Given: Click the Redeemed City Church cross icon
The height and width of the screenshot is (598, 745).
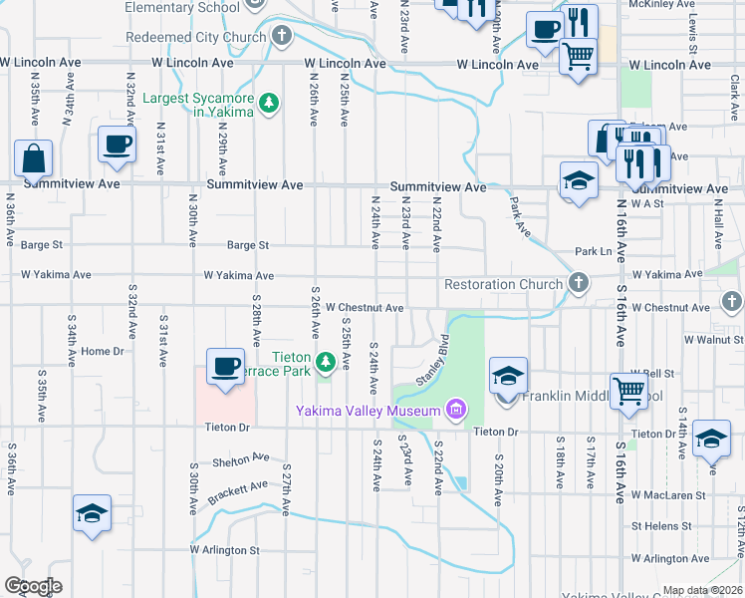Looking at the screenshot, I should pyautogui.click(x=282, y=38).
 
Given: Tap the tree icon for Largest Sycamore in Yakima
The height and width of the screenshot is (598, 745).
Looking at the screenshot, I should pyautogui.click(x=268, y=103).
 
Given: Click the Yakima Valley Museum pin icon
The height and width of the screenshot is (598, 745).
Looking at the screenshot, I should pyautogui.click(x=456, y=409).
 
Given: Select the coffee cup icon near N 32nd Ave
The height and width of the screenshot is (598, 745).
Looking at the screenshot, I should pyautogui.click(x=117, y=144).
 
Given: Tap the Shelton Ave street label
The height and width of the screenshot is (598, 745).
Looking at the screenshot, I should pyautogui.click(x=241, y=460).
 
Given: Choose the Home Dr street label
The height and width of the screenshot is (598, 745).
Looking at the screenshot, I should pyautogui.click(x=103, y=351).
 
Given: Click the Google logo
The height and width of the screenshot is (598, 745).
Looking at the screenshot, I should pyautogui.click(x=33, y=586).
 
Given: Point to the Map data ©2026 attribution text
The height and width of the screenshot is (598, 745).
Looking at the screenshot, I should pyautogui.click(x=703, y=590).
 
